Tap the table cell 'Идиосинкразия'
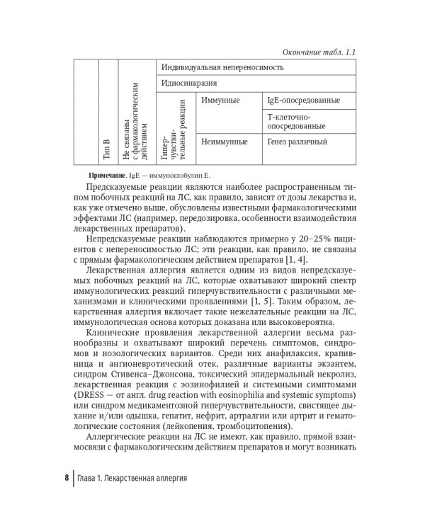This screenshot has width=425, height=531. pyautogui.click(x=188, y=84)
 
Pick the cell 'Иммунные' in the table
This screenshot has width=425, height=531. pyautogui.click(x=220, y=100)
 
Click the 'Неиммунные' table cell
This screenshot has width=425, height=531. pyautogui.click(x=225, y=142)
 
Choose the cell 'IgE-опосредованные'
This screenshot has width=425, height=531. pyautogui.click(x=303, y=100)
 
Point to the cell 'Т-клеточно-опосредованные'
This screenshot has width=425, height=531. pyautogui.click(x=297, y=120)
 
